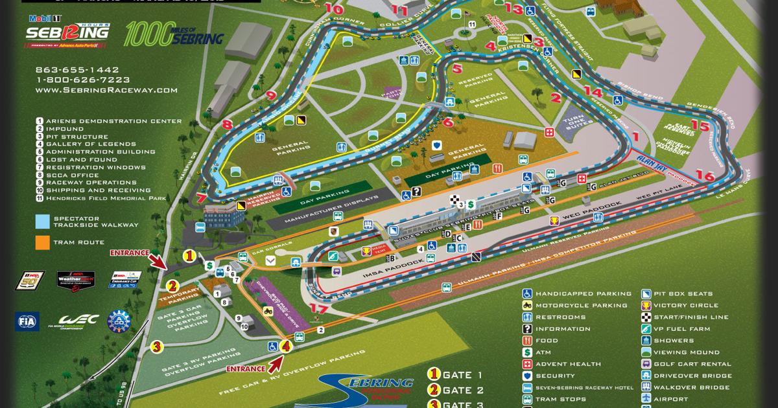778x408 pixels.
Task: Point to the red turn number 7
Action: (202, 198)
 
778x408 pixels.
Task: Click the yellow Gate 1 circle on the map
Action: (189, 256)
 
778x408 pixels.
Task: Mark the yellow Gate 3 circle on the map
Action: (156, 346)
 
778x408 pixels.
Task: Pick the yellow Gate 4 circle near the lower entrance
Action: (285, 346)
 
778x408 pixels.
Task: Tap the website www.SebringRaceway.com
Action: (106, 91)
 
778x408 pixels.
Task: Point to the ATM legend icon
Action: (528, 352)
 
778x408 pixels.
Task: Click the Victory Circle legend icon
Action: (646, 305)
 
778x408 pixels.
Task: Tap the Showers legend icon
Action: (646, 340)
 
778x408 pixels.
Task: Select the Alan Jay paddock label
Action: (651, 157)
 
